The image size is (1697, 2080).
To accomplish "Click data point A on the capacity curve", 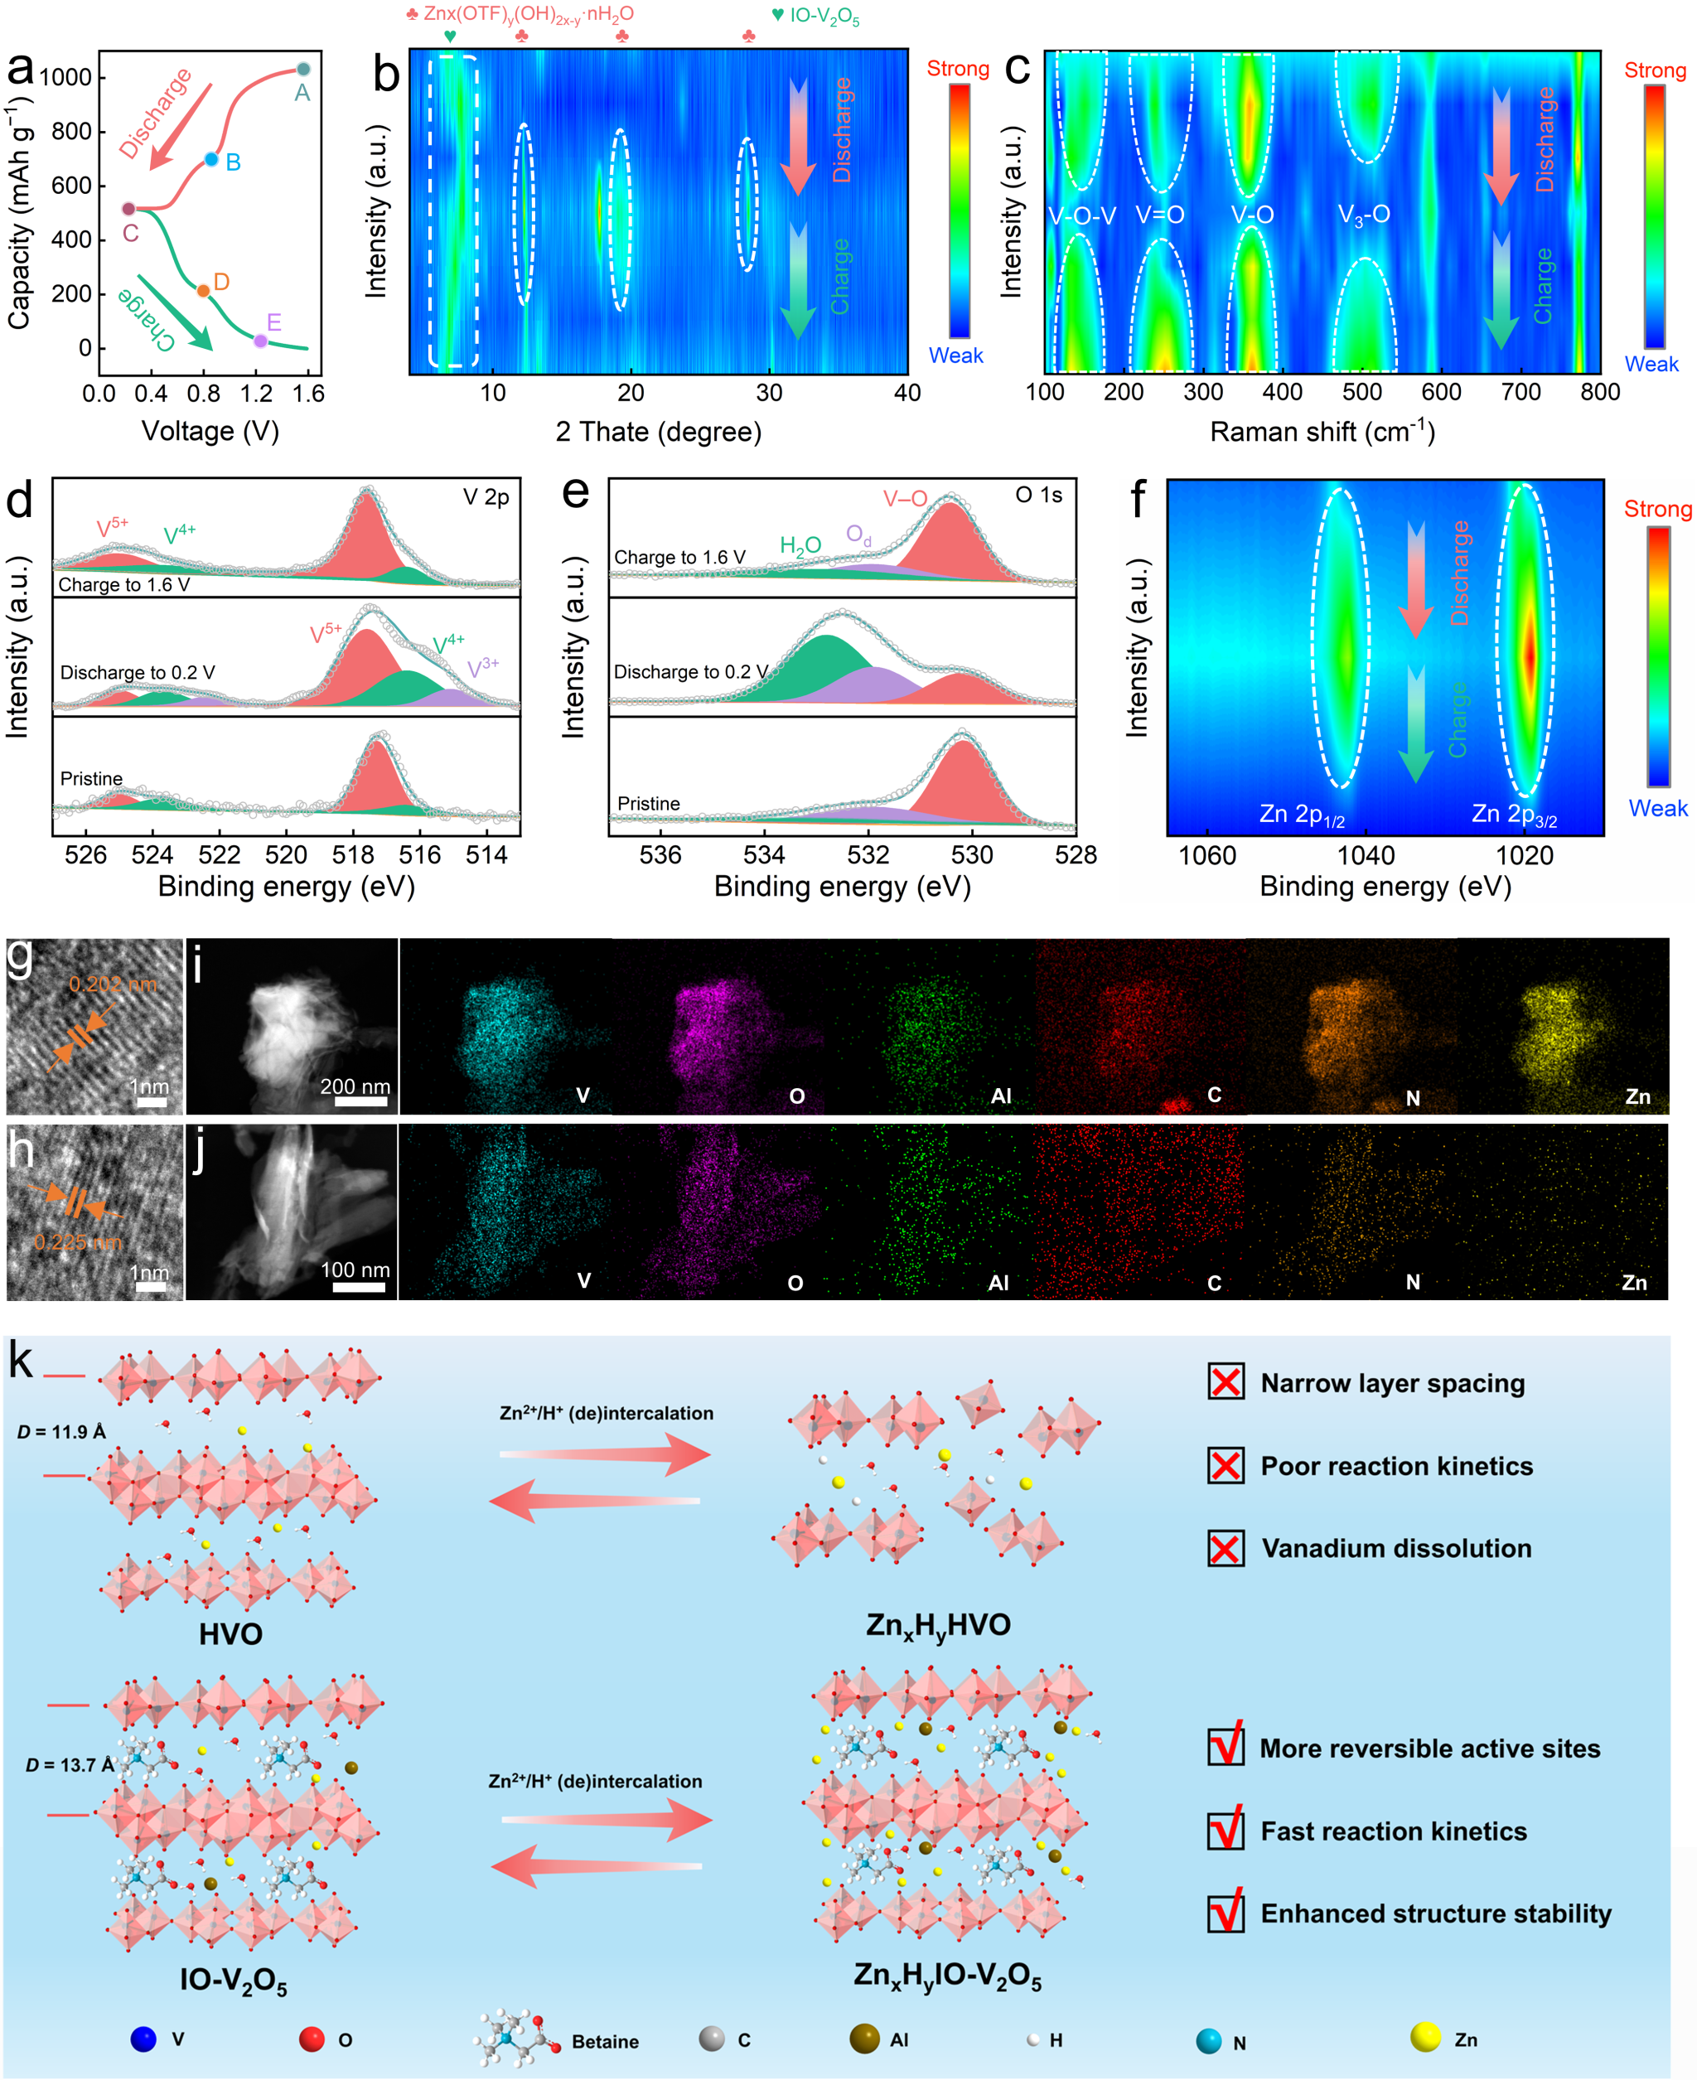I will coord(303,69).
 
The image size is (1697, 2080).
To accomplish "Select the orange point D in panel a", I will coord(203,290).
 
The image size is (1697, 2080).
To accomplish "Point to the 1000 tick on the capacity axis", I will coord(65,77).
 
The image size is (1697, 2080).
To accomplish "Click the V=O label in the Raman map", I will coord(1159,215).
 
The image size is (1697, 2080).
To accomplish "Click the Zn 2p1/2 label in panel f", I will coord(1301,815).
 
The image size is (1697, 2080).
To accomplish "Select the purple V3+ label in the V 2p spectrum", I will coord(483,668).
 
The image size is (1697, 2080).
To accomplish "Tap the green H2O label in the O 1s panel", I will coord(800,545).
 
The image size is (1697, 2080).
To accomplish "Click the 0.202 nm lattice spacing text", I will coord(113,984).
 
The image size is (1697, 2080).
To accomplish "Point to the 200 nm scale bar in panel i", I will coord(360,1101).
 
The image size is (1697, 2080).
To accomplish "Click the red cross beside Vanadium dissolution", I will coord(1226,1548).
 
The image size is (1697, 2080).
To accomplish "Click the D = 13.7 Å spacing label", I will coord(70,1765).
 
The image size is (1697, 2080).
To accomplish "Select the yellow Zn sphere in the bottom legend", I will coord(1425,2037).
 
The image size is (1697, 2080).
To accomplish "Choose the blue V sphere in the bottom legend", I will coord(143,2039).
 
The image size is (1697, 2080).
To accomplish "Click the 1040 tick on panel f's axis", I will coord(1366,856).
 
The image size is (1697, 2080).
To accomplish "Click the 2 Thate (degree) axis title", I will coord(658,431).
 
